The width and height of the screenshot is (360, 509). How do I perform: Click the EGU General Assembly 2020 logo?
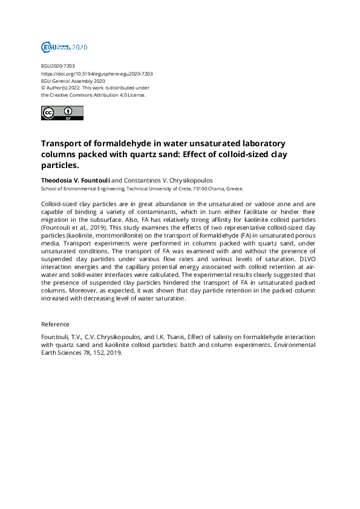point(64,47)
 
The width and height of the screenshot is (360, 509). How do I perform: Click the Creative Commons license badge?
point(62,113)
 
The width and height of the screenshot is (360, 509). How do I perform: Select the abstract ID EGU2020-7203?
point(58,66)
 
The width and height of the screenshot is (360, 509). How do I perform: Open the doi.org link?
point(97,73)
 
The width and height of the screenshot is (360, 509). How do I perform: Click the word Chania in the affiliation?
point(215,188)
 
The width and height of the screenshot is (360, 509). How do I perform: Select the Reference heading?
point(55,324)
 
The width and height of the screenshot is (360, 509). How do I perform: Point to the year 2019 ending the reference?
point(113,354)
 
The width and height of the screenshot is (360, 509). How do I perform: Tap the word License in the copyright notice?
point(136,95)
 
